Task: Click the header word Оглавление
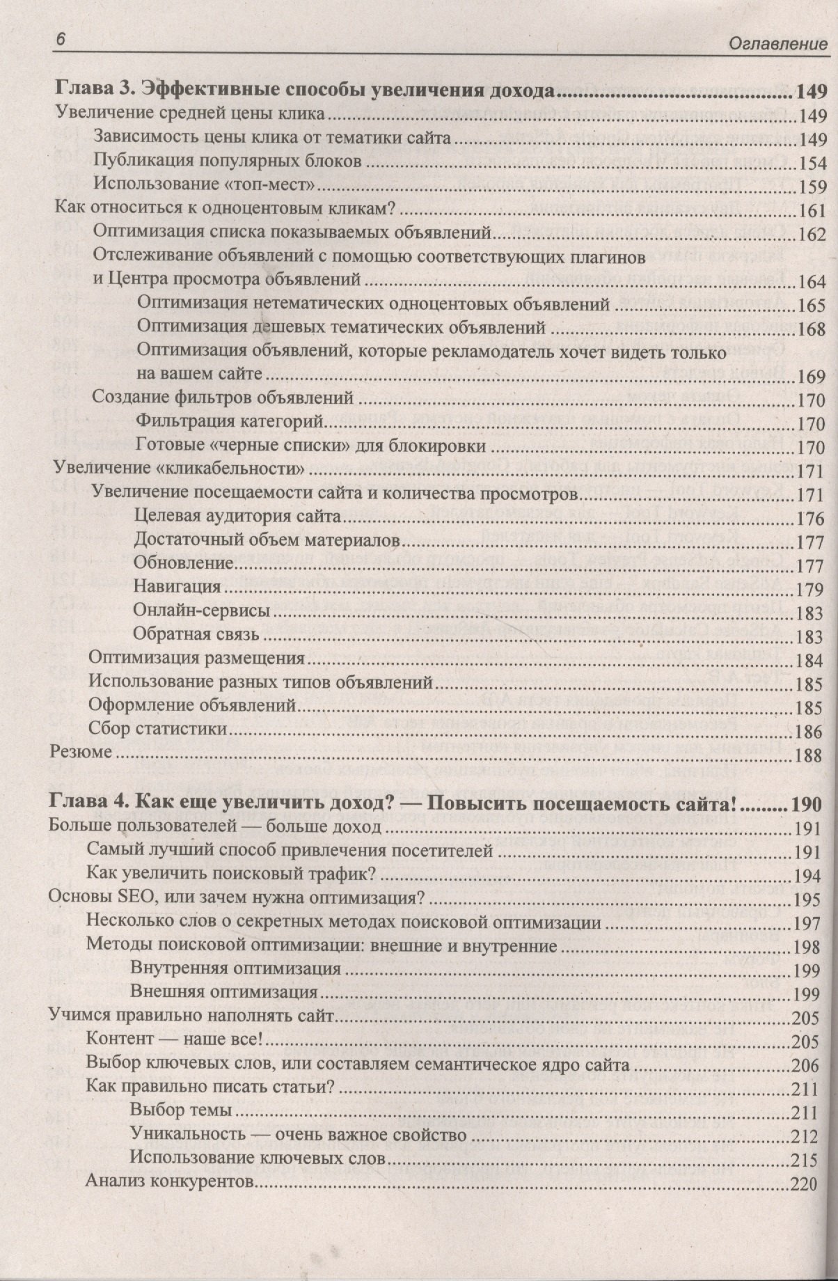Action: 777,45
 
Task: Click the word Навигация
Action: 177,586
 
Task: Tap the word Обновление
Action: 182,563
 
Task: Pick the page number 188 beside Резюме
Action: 807,755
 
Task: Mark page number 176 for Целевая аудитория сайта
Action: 811,519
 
